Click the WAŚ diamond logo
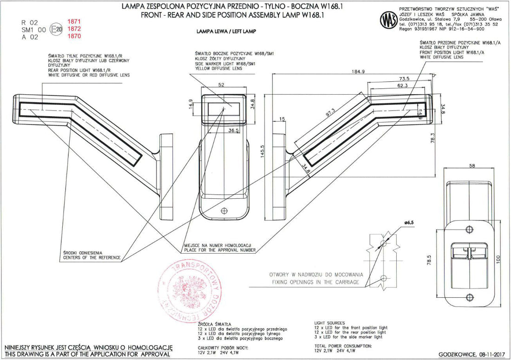(386, 20)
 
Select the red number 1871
(74, 22)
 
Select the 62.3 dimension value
(402, 85)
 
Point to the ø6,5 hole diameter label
(409, 223)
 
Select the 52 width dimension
(221, 85)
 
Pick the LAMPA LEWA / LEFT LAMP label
(227, 32)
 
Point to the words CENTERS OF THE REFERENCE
(92, 257)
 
